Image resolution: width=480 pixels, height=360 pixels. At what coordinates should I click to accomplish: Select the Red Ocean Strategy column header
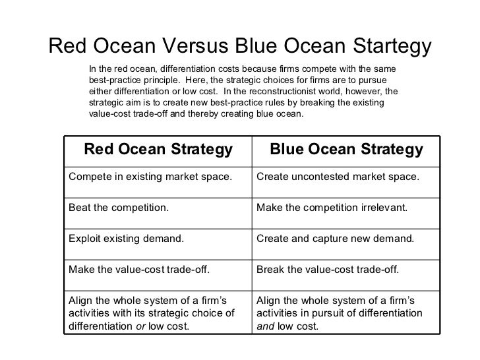[158, 150]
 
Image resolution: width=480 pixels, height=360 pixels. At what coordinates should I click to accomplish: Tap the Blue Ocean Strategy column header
[346, 150]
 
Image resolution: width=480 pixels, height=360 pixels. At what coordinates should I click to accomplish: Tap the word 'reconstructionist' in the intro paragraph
[309, 90]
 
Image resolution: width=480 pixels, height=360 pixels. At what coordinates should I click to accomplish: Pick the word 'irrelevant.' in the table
[382, 208]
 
